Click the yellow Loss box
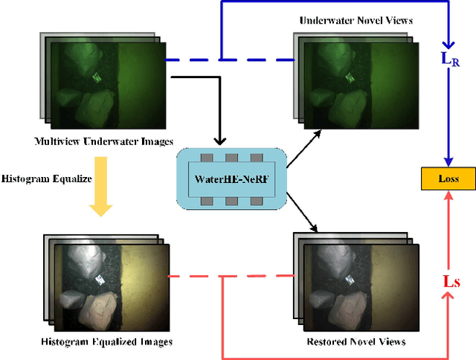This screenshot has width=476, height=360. coord(448,179)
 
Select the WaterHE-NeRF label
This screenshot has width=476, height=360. coord(231,179)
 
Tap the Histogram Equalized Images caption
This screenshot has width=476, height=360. coord(108,341)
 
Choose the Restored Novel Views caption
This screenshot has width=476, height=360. coord(356,341)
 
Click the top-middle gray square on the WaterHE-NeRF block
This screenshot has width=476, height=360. coord(231,158)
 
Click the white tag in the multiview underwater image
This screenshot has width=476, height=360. coord(97,76)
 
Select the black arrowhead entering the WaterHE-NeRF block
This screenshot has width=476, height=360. coord(219,141)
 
